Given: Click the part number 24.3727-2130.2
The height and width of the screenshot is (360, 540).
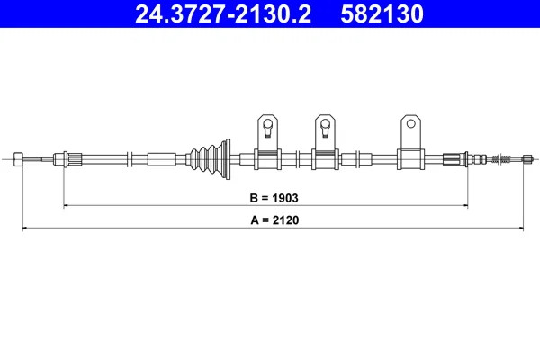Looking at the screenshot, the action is tap(223, 13).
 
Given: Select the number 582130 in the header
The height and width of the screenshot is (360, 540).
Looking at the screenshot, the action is tap(382, 13).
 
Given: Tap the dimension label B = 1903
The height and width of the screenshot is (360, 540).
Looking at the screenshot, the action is tap(274, 198).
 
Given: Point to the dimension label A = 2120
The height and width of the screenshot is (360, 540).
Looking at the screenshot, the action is tap(274, 220).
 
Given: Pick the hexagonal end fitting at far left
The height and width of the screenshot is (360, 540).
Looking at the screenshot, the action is tap(18, 159).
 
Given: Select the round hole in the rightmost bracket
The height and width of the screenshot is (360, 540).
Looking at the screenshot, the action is tap(410, 123).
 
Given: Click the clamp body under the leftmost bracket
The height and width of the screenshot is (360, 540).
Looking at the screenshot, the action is tap(267, 159).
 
